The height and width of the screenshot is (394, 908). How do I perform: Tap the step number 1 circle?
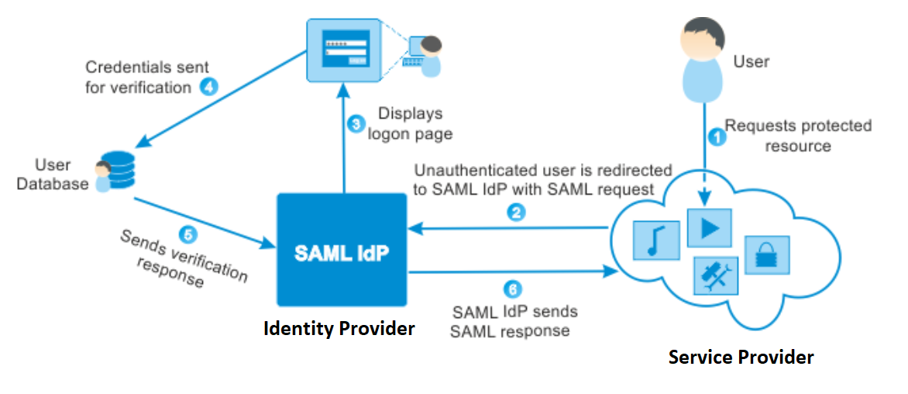(x=717, y=137)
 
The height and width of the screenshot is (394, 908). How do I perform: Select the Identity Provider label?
(x=339, y=329)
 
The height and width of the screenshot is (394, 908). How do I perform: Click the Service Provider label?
(x=741, y=358)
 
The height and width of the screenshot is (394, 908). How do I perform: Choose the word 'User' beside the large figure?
(x=751, y=61)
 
